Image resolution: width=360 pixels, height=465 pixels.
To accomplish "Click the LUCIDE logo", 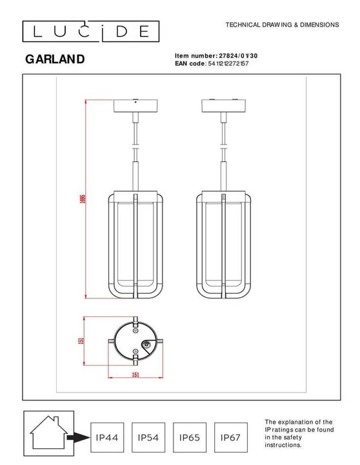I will (90, 30).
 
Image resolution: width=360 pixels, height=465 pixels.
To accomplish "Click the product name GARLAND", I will (55, 59).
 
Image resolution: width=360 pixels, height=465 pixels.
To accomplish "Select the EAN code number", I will (228, 64).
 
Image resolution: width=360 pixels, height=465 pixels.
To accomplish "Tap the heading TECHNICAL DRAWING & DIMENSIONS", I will (282, 25).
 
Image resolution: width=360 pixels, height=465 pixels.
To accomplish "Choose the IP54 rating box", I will (148, 438).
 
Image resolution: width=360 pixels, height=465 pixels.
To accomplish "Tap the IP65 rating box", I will (189, 438).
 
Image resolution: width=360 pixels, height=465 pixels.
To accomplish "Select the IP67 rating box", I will (230, 438).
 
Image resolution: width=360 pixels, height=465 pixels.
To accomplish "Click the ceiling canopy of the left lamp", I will (135, 106).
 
